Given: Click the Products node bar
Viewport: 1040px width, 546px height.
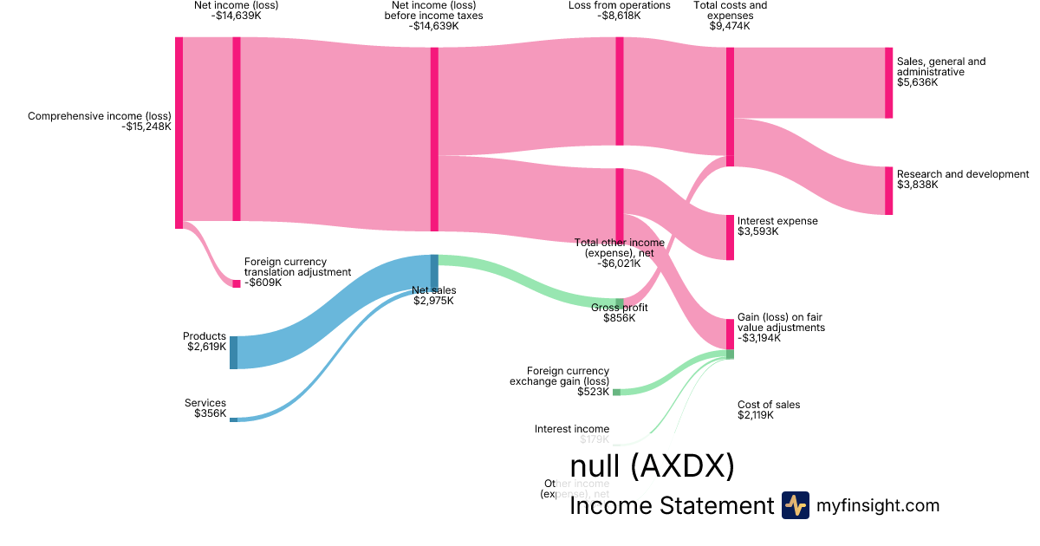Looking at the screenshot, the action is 233,353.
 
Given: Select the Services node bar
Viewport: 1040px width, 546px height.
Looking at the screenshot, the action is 233,419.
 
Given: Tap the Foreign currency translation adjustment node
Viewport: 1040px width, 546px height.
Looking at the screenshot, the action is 236,283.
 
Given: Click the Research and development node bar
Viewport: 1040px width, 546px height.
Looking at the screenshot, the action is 888,191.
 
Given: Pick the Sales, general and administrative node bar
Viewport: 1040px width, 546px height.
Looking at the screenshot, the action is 888,82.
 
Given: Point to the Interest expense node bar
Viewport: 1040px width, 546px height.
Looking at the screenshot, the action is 730,237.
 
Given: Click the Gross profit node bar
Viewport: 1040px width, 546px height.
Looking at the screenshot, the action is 620,302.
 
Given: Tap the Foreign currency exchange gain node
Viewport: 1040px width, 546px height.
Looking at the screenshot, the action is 616,392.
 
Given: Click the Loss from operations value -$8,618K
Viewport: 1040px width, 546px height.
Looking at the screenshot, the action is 619,16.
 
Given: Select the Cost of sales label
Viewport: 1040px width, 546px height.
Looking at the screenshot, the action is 769,405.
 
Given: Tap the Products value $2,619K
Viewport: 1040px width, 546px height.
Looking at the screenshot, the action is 206,347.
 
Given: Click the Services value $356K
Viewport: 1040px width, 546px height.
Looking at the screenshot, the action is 210,413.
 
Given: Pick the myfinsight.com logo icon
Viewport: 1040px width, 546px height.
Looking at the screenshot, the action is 795,505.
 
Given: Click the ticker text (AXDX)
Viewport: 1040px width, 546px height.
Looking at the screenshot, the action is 682,467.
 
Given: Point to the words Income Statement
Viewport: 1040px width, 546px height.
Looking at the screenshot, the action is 671,506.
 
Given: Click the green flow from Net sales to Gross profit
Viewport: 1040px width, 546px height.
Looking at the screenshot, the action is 529,279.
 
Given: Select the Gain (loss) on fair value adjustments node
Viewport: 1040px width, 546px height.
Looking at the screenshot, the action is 730,334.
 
